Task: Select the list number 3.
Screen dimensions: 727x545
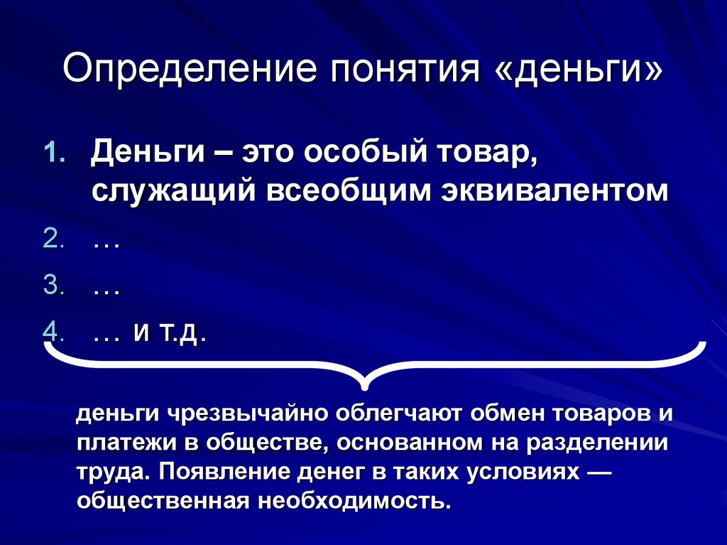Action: (53, 284)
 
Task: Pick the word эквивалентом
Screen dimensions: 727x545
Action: (554, 191)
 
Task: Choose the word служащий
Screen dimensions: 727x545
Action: (173, 192)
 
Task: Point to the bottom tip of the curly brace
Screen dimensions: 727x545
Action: (365, 388)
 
